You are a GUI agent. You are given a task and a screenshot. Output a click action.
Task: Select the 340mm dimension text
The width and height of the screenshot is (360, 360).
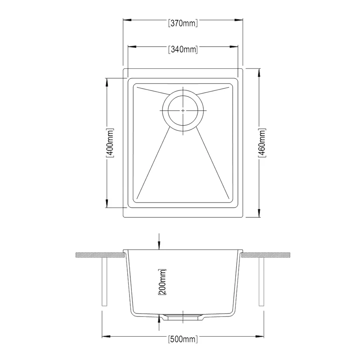point(183,49)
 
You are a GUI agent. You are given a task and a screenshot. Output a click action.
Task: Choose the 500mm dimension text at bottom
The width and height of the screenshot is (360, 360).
point(183,339)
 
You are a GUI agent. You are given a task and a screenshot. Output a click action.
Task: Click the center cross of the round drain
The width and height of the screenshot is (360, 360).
point(183,110)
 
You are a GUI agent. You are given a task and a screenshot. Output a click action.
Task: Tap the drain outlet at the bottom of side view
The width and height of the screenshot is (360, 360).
point(183,317)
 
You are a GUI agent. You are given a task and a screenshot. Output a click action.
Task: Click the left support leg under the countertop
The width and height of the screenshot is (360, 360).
point(105,282)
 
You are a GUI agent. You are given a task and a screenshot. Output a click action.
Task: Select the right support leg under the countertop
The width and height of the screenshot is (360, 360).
point(261,282)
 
